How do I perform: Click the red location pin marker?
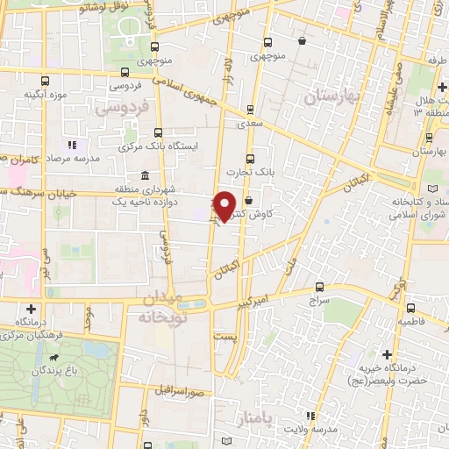point(225,206)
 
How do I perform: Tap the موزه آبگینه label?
point(46,94)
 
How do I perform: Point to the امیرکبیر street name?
point(251,302)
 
